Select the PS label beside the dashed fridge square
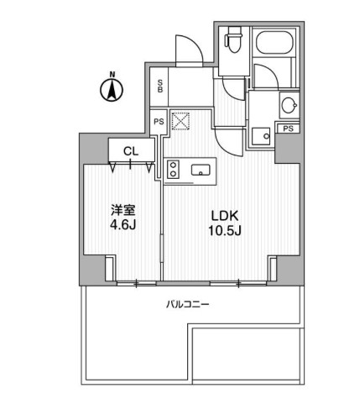(x=158, y=122)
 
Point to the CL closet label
(x=130, y=151)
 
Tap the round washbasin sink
(x=288, y=106)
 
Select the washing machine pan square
(x=262, y=135)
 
